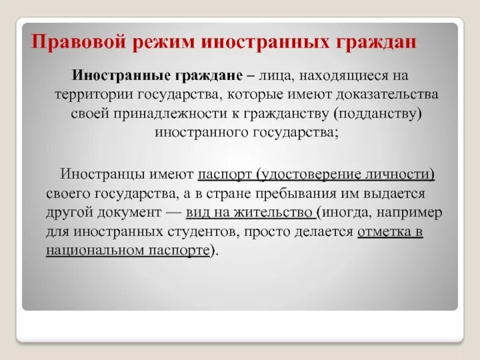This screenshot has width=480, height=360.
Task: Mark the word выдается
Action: tap(400, 194)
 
